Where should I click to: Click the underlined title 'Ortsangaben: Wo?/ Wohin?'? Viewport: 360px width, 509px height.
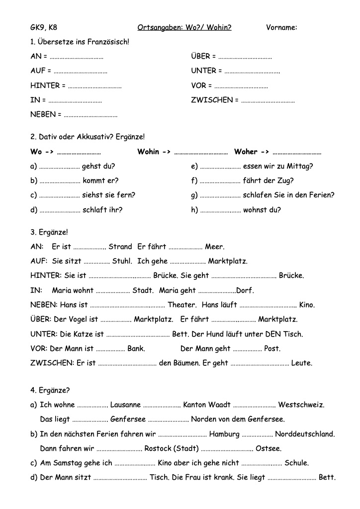[184, 27]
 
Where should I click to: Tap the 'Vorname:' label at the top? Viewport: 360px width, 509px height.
[281, 27]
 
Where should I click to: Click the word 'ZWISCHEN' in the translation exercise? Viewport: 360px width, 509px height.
[211, 100]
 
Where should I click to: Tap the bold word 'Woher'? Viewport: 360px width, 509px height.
[246, 152]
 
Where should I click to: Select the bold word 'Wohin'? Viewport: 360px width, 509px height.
[148, 152]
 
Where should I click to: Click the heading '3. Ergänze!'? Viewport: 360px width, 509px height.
[49, 232]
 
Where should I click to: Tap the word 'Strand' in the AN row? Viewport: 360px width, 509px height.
[120, 247]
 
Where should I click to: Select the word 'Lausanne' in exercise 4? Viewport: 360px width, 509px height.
[125, 405]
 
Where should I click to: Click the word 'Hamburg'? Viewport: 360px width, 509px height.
[224, 434]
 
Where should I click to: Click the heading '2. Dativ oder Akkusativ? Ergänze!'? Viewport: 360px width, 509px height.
[88, 136]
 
